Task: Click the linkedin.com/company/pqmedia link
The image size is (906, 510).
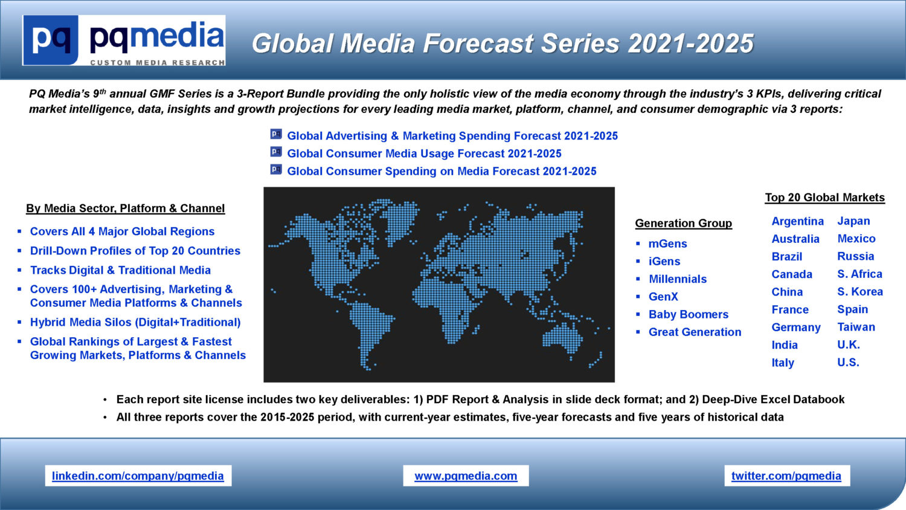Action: point(138,476)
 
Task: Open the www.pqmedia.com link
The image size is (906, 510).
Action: point(466,476)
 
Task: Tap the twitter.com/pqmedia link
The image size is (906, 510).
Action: point(786,476)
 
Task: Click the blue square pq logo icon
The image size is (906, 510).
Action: point(51,40)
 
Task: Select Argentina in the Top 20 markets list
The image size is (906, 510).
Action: point(798,221)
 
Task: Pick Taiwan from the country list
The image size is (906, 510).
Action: point(856,327)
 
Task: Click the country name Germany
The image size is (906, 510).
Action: point(796,327)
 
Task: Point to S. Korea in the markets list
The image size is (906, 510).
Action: point(860,291)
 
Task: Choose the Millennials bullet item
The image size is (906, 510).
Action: point(678,279)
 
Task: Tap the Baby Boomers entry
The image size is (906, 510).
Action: point(689,314)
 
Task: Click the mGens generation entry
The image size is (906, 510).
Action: point(668,244)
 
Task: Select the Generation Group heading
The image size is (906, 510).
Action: point(684,223)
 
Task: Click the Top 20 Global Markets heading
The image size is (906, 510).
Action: point(824,197)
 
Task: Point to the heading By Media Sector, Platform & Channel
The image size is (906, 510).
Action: point(126,208)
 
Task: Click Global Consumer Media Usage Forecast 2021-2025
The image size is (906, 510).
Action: point(424,153)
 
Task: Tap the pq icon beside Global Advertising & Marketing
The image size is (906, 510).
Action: point(276,134)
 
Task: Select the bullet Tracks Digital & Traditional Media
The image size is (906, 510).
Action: point(120,270)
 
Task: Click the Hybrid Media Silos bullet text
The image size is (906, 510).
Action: point(135,322)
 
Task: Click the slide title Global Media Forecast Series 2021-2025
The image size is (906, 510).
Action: point(503,44)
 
